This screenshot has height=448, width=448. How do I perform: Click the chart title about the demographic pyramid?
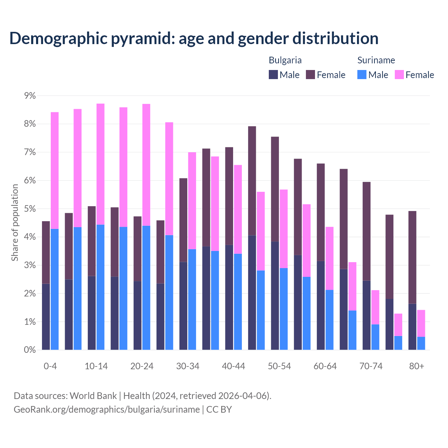[x=194, y=38]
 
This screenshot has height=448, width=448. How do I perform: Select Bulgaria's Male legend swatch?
[x=273, y=75]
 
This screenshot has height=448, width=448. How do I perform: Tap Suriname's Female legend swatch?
[x=399, y=75]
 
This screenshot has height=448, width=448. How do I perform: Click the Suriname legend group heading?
[x=376, y=60]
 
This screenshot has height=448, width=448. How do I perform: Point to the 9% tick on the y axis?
[x=29, y=96]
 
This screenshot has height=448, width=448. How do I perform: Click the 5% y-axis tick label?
[x=29, y=209]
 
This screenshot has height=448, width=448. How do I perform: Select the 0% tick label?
[x=29, y=350]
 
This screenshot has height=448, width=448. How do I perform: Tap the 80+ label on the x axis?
[x=416, y=366]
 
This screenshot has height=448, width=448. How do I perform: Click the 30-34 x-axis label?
[x=188, y=366]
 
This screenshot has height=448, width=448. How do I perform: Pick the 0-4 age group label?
[x=50, y=366]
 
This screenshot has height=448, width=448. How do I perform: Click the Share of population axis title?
[x=15, y=223]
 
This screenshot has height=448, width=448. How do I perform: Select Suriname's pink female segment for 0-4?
[x=55, y=170]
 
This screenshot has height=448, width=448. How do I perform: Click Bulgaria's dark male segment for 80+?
[x=412, y=327]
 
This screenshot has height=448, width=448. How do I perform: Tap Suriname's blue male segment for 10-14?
[x=100, y=287]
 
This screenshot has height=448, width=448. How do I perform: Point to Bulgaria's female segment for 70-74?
[x=366, y=231]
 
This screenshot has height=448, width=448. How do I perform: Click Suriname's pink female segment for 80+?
[x=421, y=323]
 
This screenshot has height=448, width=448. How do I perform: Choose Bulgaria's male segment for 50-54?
[x=275, y=295]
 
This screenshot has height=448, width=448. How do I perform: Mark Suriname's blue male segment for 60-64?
[x=329, y=320]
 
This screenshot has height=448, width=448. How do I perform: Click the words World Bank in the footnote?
[x=93, y=396]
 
